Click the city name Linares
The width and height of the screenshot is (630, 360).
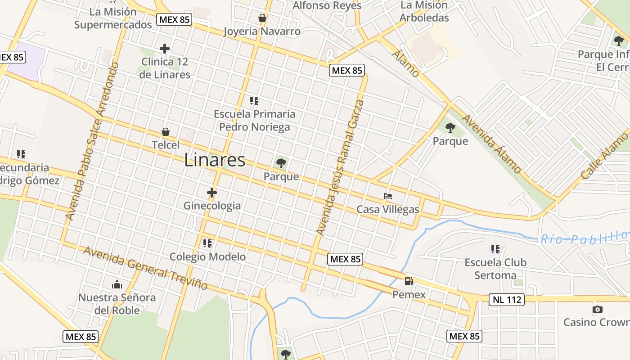[x=215, y=160]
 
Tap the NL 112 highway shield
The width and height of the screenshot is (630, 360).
[x=506, y=299]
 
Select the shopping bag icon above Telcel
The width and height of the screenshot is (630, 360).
[x=166, y=132]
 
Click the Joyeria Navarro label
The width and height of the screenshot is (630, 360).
[x=262, y=31]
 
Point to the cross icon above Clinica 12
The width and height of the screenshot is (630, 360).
[x=165, y=49]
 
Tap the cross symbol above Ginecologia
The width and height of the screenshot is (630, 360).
[x=212, y=193]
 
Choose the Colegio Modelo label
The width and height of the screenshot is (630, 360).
[x=207, y=256]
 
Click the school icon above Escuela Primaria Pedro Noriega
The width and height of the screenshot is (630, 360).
[x=254, y=101]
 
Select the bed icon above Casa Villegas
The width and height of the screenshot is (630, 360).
[x=388, y=196]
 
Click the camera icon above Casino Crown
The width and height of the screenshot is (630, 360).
[x=597, y=309]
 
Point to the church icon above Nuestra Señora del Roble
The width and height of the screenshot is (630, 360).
[x=117, y=284]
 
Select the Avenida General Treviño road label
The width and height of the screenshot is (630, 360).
[x=145, y=268]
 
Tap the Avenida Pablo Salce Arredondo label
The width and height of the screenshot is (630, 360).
[x=92, y=141]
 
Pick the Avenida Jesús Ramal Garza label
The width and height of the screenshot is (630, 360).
[x=340, y=167]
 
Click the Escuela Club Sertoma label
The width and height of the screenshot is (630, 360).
[x=495, y=269]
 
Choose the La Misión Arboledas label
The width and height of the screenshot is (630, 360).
[x=424, y=12]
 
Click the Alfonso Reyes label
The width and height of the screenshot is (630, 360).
[x=327, y=5]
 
